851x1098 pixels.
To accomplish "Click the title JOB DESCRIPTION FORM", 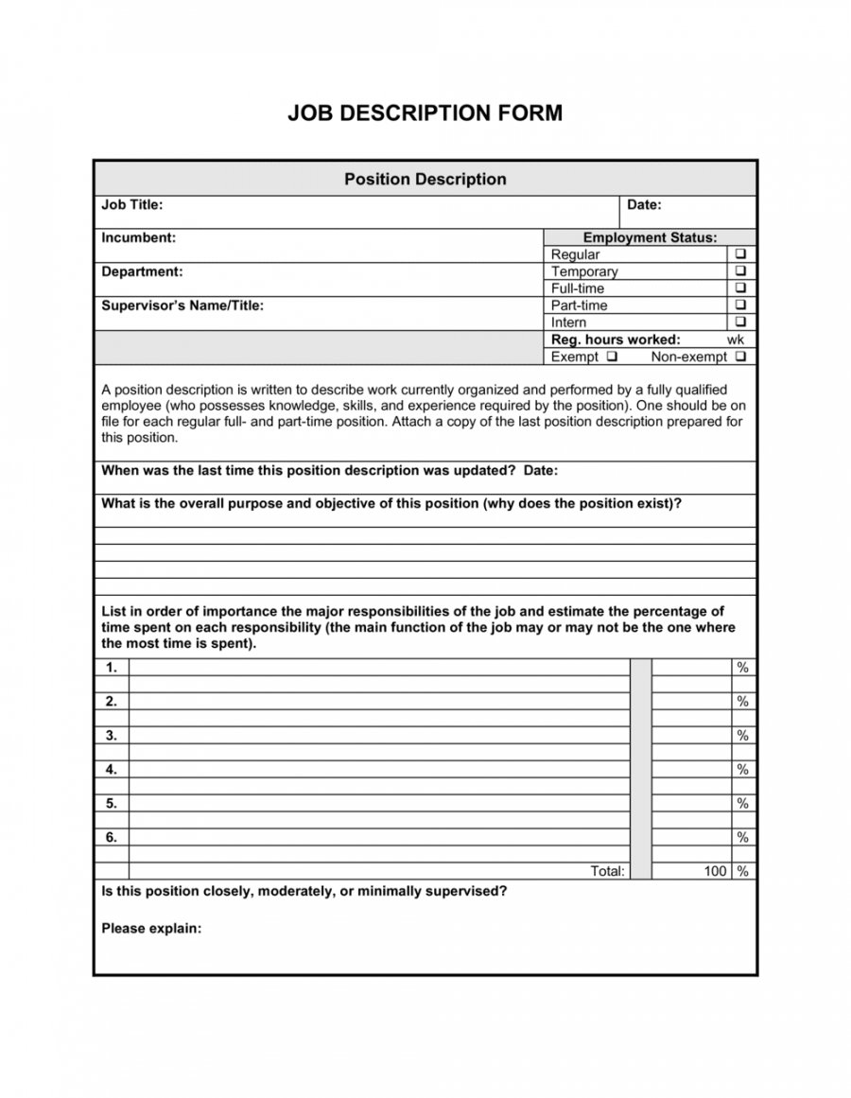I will pos(425,113).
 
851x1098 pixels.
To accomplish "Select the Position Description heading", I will pos(425,179).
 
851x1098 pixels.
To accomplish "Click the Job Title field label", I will pos(132,204).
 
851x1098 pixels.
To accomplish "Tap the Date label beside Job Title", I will pos(644,204).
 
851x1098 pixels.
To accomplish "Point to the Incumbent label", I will pos(138,237).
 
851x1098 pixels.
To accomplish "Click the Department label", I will pos(142,271).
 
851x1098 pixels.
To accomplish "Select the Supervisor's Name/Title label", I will pos(182,305).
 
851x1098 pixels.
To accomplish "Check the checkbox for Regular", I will pos(739,254).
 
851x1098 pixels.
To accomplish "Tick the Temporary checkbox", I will pos(739,271).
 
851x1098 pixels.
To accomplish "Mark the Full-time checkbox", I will pos(739,288).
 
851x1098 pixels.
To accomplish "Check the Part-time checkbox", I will pos(739,305).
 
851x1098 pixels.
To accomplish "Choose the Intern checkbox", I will pos(739,322).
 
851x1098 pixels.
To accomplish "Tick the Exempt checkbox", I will pos(613,357).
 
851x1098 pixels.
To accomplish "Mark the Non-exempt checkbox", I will pos(739,357).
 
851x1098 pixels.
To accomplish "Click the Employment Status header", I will pos(650,237).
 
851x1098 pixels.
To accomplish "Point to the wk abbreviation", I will pos(736,340).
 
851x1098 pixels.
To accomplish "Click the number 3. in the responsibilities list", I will pos(112,735).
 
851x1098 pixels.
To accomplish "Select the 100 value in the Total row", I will pos(715,871).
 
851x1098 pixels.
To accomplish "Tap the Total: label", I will pos(607,871).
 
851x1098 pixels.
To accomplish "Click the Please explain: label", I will pos(151,928).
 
